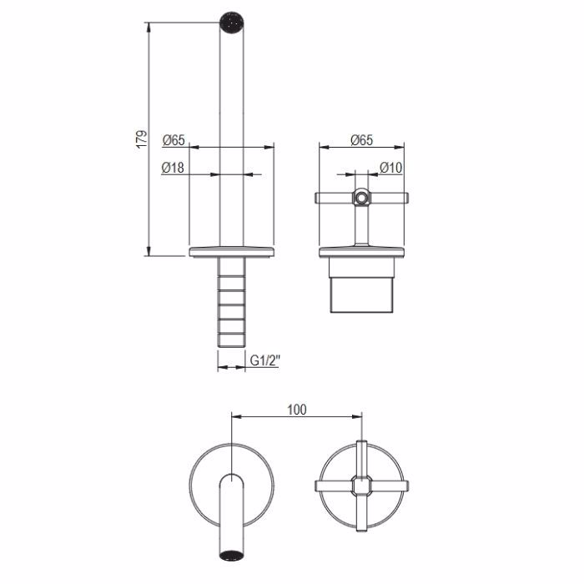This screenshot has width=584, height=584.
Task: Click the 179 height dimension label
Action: click(142, 139)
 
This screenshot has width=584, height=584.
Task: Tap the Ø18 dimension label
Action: click(173, 168)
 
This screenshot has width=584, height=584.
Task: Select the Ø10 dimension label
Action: click(391, 168)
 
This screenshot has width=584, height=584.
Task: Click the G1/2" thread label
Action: click(264, 360)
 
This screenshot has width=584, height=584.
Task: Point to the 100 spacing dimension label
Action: click(297, 410)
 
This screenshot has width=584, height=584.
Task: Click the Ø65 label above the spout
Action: click(174, 140)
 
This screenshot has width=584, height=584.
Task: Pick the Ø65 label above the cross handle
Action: click(361, 140)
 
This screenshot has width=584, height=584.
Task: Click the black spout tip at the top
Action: click(232, 23)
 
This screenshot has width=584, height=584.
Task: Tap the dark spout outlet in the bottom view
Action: click(232, 554)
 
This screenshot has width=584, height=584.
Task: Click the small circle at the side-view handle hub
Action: click(360, 198)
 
